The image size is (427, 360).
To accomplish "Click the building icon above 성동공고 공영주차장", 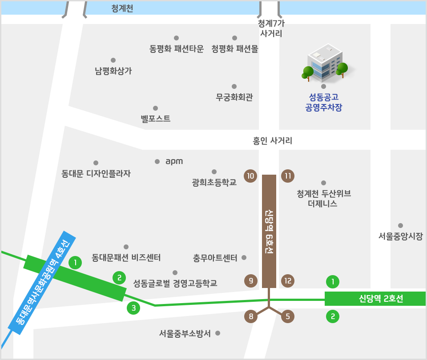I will point(326,62).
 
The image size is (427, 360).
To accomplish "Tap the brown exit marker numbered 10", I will point(251,176).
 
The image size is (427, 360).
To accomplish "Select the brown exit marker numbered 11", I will point(288,176).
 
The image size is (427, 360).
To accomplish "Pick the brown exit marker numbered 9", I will point(251,280).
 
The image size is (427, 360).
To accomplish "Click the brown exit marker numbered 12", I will point(288,280).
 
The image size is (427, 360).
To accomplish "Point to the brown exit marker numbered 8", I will point(251,316).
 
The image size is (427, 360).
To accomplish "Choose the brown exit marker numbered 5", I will point(288,316).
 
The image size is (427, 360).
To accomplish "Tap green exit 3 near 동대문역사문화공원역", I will point(133,308).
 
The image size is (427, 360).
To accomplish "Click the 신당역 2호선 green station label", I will point(375,299).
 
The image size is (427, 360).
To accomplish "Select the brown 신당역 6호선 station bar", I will point(269,231).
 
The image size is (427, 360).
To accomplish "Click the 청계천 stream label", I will point(122,8).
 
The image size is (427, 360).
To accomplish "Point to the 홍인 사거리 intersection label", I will point(272,141).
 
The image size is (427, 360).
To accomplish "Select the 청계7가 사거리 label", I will point(270,28).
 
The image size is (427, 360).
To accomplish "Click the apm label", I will point(174,161).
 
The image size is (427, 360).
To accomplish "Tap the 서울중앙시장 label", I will point(400,236).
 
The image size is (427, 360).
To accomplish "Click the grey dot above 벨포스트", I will point(155,108).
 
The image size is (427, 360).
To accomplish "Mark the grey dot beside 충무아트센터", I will point(243,257).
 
